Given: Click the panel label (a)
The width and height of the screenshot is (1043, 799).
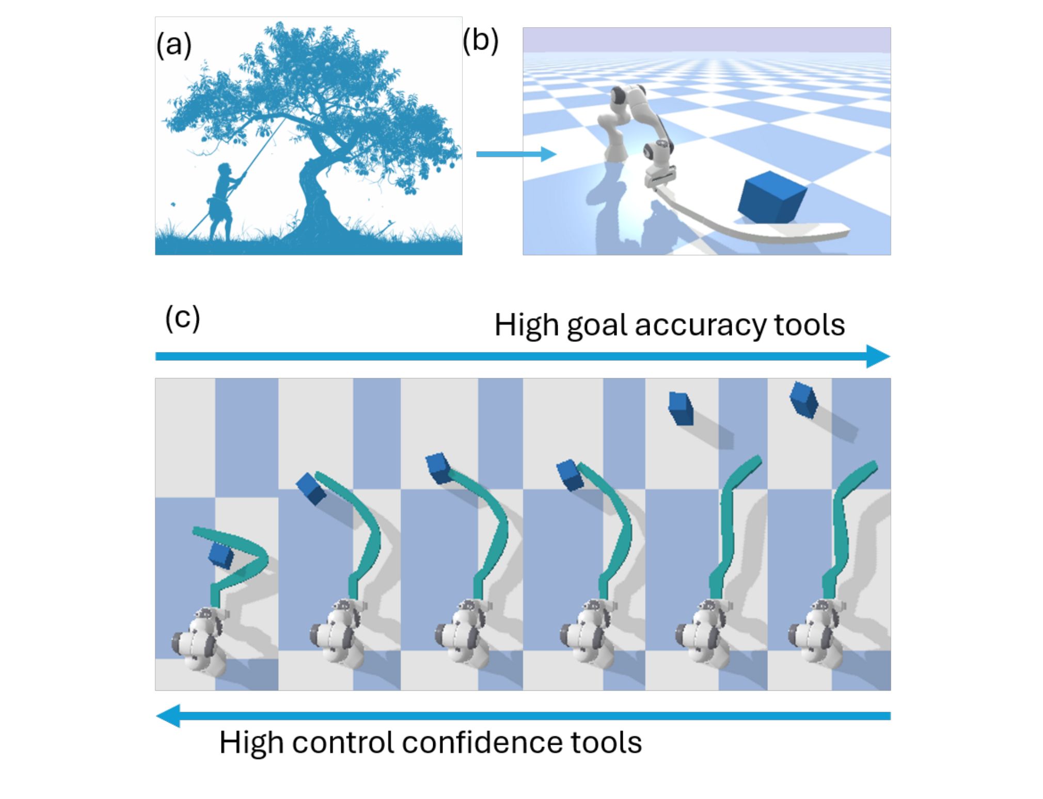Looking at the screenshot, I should click(x=174, y=44).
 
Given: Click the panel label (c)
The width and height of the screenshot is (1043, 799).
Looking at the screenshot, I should click(x=182, y=318).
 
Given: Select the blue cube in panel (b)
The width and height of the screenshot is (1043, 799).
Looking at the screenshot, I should click(x=771, y=198).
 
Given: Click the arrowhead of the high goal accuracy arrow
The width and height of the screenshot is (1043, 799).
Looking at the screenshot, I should click(x=878, y=356).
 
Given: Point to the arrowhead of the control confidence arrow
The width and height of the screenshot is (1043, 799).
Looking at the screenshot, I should click(x=168, y=716).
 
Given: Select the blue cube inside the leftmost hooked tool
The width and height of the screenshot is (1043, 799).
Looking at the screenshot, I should click(x=221, y=555).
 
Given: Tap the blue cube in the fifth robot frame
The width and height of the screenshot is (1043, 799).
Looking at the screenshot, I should click(x=681, y=408).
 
